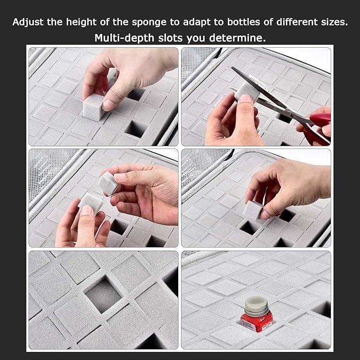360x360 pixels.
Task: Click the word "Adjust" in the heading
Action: click(28, 22)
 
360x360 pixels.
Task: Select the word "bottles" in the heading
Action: click(243, 22)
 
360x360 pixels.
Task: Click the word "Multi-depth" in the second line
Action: click(124, 38)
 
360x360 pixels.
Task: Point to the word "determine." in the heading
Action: click(238, 38)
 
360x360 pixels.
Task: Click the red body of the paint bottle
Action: click(257, 321)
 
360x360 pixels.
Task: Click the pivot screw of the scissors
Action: click(291, 113)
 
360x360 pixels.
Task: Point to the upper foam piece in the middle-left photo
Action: click(108, 183)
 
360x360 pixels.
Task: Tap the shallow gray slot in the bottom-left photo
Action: click(103, 296)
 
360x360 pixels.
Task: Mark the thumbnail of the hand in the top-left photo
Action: click(108, 104)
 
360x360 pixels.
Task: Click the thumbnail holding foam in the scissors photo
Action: click(245, 99)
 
